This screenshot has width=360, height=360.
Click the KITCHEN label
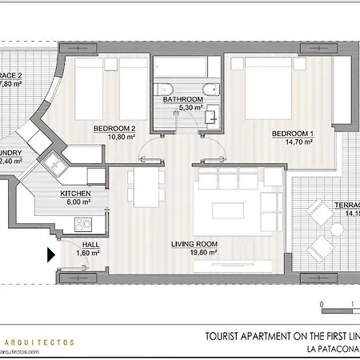point(76,194)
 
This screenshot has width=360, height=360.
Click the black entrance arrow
point(50,255)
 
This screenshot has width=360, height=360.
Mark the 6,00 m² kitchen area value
point(78,202)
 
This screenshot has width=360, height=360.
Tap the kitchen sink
point(58,163)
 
